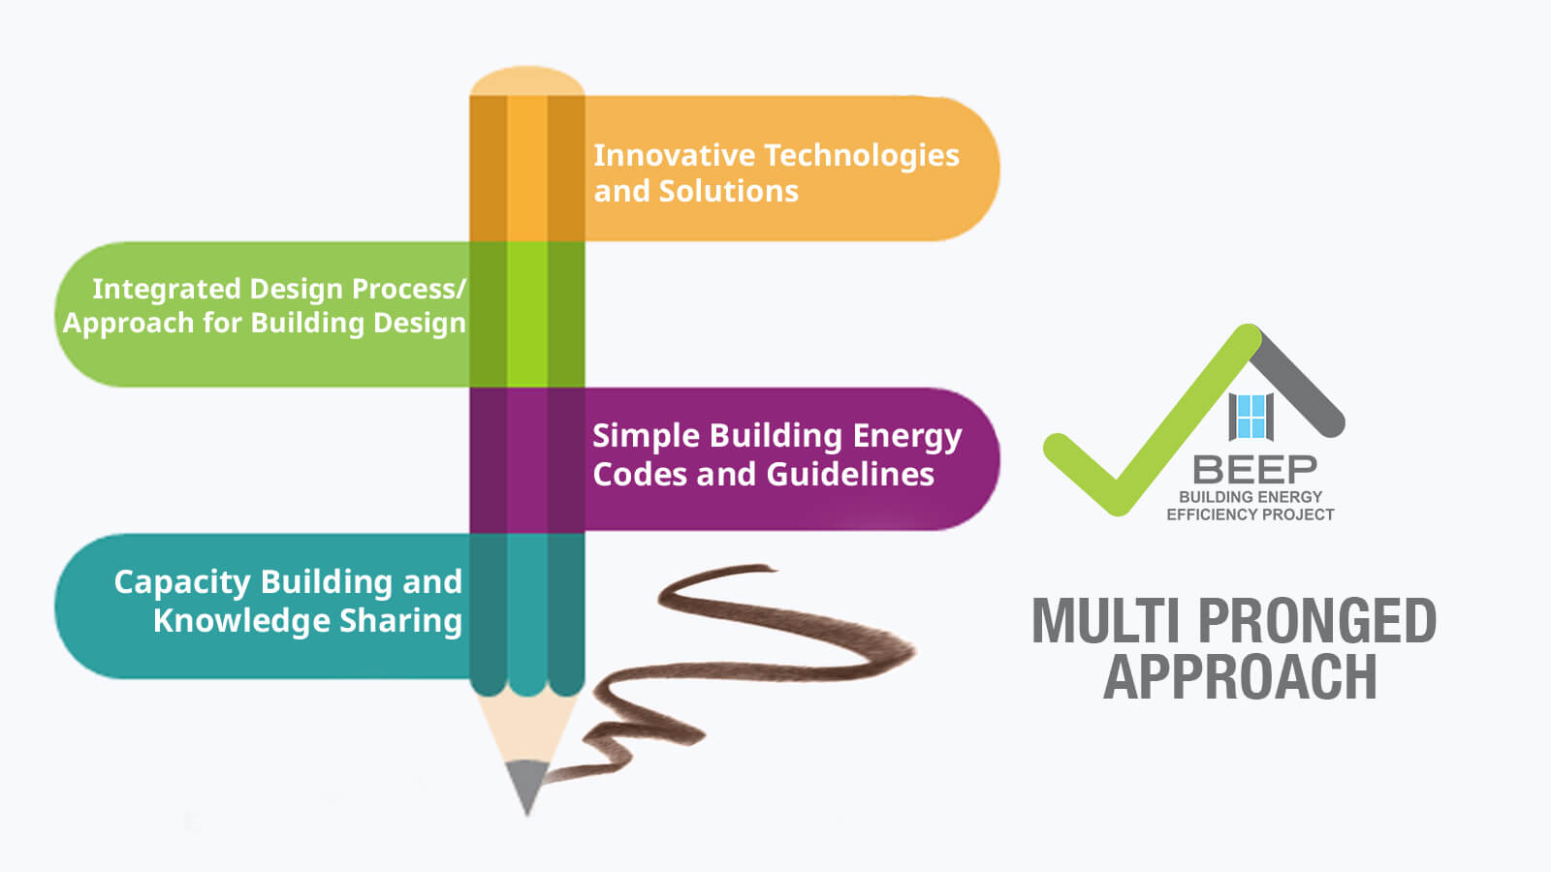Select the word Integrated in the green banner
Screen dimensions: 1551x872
pos(166,290)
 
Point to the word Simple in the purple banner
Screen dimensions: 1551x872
pos(647,436)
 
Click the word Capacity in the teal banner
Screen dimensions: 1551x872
pos(182,582)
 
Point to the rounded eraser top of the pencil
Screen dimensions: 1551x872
pos(527,81)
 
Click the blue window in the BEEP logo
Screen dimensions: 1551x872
pos(1251,416)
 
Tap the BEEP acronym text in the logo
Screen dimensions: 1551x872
pos(1254,470)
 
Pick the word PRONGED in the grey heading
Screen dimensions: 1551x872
pos(1317,621)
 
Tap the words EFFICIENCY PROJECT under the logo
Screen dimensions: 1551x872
pos(1250,514)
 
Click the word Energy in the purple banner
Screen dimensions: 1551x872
pos(907,437)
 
